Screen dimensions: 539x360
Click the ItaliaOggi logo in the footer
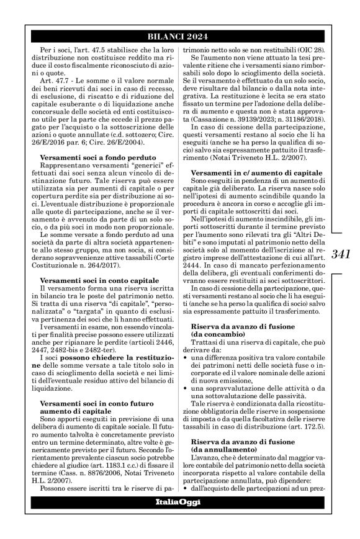[179, 518]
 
